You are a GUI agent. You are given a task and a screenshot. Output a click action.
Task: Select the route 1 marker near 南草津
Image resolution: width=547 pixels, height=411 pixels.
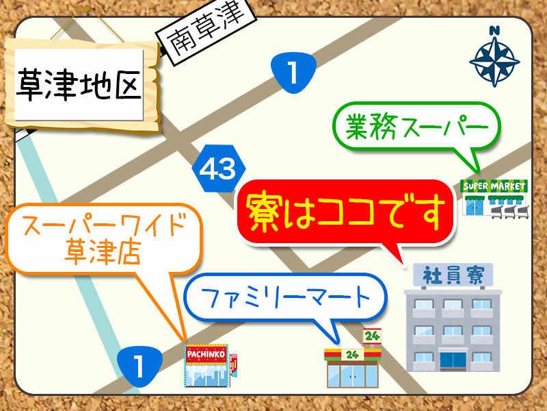(x=293, y=71)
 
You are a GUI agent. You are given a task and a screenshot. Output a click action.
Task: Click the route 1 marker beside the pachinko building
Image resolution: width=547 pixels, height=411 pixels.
(x=139, y=365)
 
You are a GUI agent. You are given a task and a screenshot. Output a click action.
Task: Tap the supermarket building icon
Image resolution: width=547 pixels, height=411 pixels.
(x=494, y=198)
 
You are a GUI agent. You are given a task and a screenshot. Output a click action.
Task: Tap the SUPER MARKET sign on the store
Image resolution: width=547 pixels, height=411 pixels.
(x=494, y=186)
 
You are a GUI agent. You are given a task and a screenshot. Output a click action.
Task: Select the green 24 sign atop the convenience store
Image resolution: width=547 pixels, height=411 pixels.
(x=373, y=336)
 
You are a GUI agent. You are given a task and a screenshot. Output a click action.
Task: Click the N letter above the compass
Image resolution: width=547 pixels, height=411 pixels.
(x=494, y=30)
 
